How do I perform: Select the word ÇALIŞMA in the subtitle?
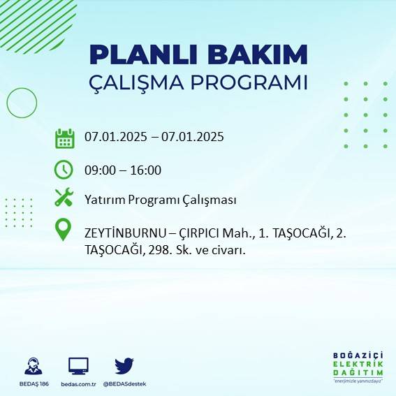[x=145, y=82]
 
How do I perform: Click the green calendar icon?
[x=64, y=138]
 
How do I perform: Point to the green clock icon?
[x=64, y=170]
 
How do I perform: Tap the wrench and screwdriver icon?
[x=64, y=198]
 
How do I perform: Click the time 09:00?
[x=98, y=170]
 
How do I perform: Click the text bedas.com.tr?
[x=78, y=384]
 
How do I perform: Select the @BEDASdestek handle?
[x=124, y=384]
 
